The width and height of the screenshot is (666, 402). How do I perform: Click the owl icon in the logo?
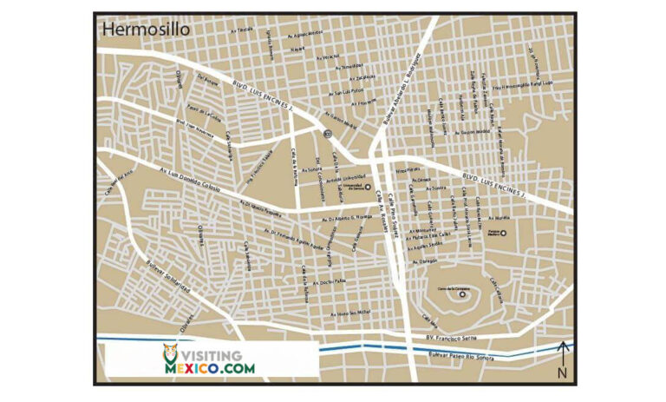pos(172,357)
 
